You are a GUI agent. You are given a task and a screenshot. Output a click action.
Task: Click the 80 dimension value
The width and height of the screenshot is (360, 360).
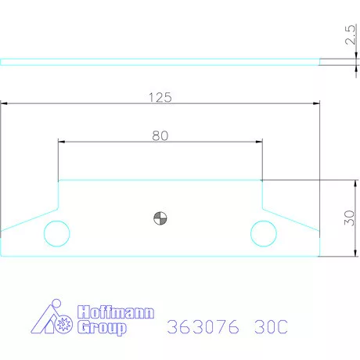pyautogui.click(x=160, y=135)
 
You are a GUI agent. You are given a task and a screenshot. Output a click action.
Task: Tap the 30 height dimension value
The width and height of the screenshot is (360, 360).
pyautogui.click(x=349, y=218)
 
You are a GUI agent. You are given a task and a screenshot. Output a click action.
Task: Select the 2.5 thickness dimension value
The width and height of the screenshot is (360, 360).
pyautogui.click(x=349, y=37)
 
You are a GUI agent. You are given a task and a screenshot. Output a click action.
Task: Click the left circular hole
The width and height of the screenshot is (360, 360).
pyautogui.click(x=56, y=232)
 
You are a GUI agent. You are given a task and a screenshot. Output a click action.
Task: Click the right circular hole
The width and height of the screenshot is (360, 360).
pyautogui.click(x=263, y=232)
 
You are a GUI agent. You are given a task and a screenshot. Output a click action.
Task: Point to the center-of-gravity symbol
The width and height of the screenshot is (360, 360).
pyautogui.click(x=160, y=218)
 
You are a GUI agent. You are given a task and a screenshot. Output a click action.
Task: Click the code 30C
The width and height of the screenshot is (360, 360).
pyautogui.click(x=270, y=326)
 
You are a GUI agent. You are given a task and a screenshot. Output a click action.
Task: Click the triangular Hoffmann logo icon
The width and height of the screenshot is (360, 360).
pyautogui.click(x=52, y=319)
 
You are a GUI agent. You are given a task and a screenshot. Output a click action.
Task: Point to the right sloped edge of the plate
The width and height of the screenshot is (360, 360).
pyautogui.click(x=290, y=219)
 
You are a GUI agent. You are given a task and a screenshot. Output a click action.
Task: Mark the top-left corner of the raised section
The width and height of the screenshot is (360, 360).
pyautogui.click(x=59, y=180)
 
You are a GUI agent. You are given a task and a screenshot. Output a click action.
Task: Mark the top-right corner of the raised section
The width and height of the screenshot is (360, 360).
pyautogui.click(x=261, y=180)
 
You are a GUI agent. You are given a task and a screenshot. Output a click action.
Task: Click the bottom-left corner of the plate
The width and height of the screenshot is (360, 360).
pyautogui.click(x=2, y=256)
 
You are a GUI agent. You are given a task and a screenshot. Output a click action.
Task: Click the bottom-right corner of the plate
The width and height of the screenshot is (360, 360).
pyautogui.click(x=319, y=256)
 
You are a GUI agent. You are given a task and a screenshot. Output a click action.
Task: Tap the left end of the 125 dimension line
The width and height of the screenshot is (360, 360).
pyautogui.click(x=2, y=103)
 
